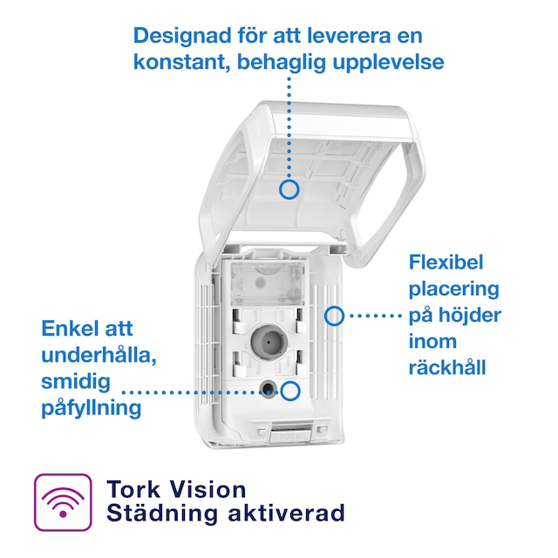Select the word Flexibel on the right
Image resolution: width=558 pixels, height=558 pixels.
pos(446,262)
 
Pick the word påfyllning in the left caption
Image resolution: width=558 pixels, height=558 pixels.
pos(92,408)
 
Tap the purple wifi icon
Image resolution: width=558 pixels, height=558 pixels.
pos(62,502)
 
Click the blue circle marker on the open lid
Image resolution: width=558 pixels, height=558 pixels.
pos(289,188)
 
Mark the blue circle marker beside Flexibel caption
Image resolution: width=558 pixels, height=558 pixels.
pos(334,315)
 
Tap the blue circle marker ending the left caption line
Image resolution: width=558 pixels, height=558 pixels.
pos(290,391)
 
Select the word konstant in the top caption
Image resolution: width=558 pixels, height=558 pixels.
pos(174,63)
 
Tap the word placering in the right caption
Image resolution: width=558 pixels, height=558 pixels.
pos(453,289)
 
